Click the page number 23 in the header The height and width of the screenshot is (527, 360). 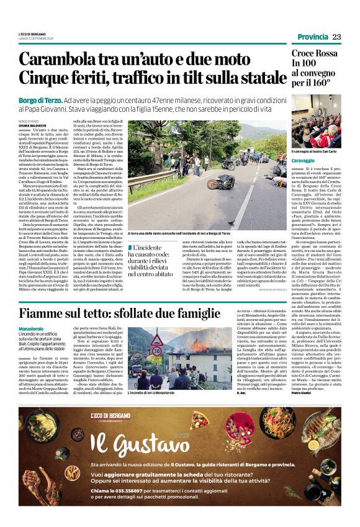(x=336, y=37)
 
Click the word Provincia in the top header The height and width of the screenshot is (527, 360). (x=312, y=37)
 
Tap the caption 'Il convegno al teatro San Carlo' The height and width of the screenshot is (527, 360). (x=313, y=151)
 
